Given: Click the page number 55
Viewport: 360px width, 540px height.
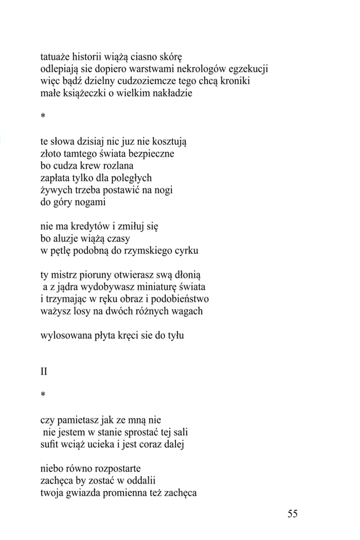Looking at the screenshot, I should coord(292,514).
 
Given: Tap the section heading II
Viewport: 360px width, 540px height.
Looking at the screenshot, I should coord(44,372).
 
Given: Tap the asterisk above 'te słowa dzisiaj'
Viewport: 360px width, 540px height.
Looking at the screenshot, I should coord(43,117).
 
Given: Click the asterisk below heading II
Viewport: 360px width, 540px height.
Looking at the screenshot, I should coord(43,395).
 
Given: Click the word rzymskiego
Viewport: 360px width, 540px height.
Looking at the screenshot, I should coord(151,251).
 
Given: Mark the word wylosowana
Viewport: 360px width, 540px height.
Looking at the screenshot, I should coord(64,336).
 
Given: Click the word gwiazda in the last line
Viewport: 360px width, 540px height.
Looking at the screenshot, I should coord(83,493).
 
